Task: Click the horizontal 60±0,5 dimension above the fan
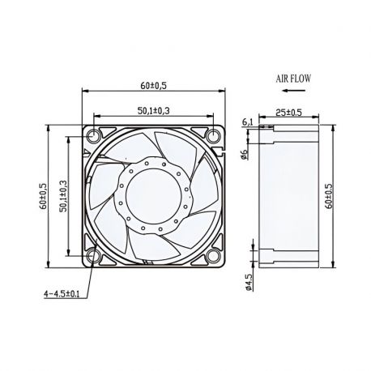(152, 83)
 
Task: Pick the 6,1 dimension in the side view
(247, 122)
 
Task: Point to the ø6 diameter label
(245, 154)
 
